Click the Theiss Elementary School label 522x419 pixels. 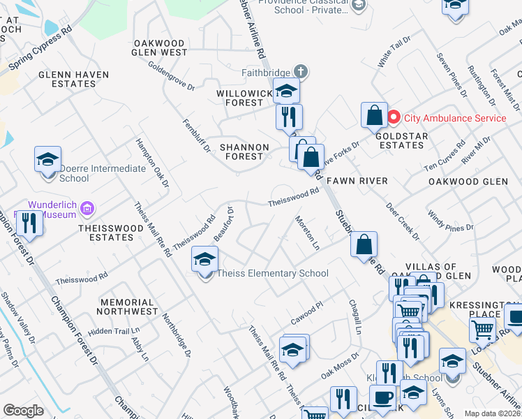[273, 273]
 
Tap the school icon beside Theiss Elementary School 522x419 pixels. [205, 260]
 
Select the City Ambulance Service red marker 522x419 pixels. [393, 118]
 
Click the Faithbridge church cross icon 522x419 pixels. [301, 71]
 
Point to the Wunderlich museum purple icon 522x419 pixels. [87, 207]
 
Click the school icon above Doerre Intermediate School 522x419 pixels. [47, 159]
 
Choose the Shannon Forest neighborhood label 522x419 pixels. [244, 152]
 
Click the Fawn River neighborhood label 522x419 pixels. [357, 181]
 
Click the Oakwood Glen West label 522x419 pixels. [161, 47]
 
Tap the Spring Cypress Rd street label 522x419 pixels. [40, 52]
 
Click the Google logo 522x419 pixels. [23, 411]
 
